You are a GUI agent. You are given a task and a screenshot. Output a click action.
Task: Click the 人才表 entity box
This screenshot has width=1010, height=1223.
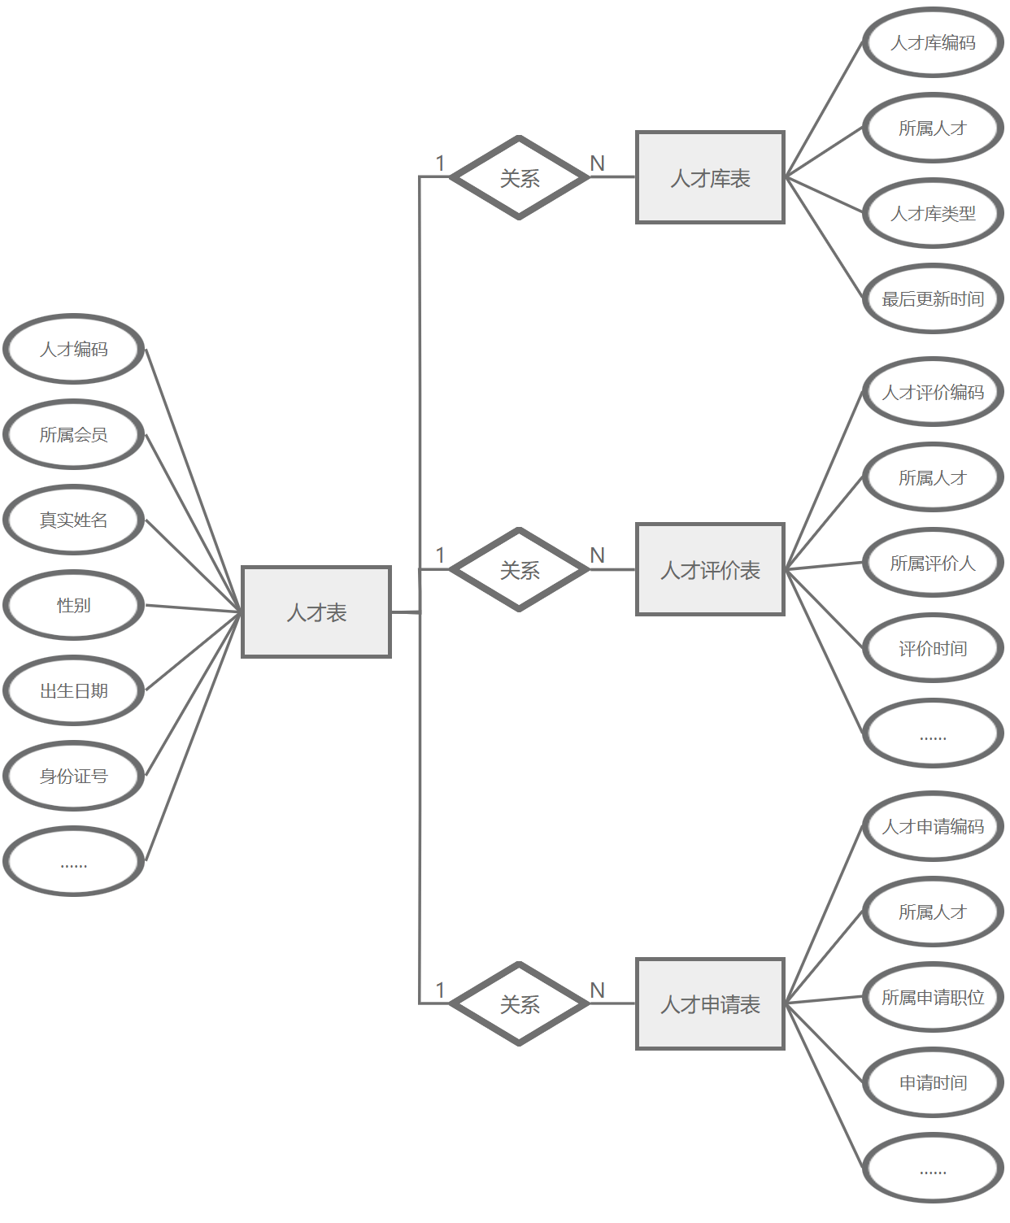[316, 611]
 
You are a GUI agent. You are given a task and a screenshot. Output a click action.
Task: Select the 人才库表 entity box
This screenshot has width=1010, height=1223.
[710, 177]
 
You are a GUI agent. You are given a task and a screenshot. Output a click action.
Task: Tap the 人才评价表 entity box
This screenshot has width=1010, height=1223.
[710, 569]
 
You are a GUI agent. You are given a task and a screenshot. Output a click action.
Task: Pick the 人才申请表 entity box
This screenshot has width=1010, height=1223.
[710, 1003]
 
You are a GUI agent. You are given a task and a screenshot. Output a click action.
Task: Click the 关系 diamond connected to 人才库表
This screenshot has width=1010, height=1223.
[519, 177]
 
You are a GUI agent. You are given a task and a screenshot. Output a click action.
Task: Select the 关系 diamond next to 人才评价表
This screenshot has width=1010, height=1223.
[519, 569]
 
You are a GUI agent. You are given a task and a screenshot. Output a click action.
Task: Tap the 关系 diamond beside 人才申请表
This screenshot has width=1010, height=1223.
[519, 1003]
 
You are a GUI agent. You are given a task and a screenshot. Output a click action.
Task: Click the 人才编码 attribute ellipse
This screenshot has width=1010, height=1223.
[74, 349]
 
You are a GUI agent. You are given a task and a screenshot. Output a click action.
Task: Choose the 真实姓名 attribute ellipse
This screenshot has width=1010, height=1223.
[74, 520]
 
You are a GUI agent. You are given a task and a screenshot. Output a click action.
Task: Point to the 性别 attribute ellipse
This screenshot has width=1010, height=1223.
[74, 605]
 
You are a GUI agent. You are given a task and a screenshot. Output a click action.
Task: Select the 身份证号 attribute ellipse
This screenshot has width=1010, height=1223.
[74, 776]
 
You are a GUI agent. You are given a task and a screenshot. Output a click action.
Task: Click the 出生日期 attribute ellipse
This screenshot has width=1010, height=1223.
[74, 690]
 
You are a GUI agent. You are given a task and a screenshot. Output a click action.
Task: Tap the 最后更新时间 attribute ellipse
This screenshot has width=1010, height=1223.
[933, 298]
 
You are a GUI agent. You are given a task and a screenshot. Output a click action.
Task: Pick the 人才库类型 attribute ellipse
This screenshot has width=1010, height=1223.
[933, 213]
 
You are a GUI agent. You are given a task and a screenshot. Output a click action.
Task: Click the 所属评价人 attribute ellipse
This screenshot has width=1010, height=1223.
[933, 563]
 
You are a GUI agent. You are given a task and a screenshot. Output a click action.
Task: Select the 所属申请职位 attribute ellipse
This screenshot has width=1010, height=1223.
[933, 997]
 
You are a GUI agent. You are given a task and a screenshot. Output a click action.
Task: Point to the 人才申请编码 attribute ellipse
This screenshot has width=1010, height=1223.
[933, 826]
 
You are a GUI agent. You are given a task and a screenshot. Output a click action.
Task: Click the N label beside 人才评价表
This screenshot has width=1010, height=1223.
[598, 555]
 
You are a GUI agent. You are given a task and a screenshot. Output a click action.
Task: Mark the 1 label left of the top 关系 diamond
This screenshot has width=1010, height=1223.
[440, 163]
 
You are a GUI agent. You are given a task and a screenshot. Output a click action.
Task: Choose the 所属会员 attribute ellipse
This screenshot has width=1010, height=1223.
[74, 434]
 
